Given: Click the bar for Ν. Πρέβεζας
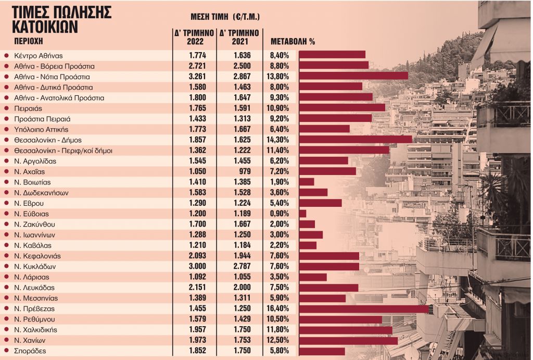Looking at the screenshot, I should tap(364, 308).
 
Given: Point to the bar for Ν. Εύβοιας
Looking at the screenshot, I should tap(302, 214).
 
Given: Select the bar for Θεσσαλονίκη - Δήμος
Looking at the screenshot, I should tap(356, 140).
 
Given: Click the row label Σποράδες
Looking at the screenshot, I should tap(30, 351).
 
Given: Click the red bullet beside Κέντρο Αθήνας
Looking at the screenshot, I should tap(6, 55).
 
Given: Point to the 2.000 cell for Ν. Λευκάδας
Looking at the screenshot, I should tap(241, 288).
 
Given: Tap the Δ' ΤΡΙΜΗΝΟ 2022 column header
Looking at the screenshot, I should tap(195, 37).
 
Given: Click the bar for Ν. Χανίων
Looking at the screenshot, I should tap(348, 340).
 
